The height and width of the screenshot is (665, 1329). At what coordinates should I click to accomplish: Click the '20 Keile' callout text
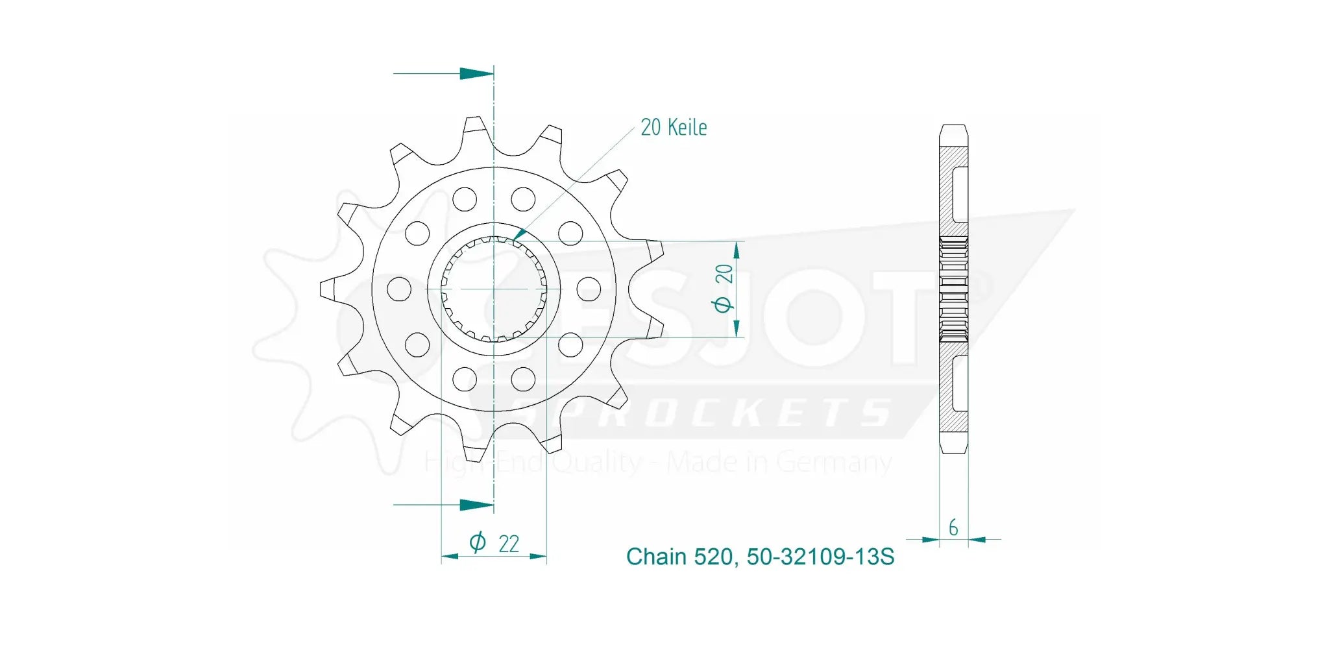click(674, 127)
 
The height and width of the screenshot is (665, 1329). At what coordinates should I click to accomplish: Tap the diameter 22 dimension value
click(509, 544)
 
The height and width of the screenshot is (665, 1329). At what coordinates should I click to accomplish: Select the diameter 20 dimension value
click(724, 274)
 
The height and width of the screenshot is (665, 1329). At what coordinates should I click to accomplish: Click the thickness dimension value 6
click(953, 527)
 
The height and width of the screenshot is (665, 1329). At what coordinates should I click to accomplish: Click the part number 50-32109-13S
click(820, 557)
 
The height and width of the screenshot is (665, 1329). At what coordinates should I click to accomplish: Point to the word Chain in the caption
click(655, 557)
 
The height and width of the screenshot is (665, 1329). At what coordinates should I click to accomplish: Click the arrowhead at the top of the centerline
click(477, 73)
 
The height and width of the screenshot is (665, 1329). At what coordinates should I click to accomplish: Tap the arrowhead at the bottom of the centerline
click(477, 504)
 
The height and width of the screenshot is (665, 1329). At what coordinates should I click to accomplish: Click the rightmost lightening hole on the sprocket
click(589, 289)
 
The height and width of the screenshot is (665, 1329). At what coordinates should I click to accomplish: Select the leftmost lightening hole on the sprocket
click(399, 289)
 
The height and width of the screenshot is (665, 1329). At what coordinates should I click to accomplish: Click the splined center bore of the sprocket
click(494, 289)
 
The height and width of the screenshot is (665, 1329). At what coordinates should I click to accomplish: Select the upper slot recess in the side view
click(960, 193)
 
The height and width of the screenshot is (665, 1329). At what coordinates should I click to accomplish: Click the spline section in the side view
click(953, 289)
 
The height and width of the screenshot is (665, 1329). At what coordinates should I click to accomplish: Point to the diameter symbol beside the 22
click(477, 542)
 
